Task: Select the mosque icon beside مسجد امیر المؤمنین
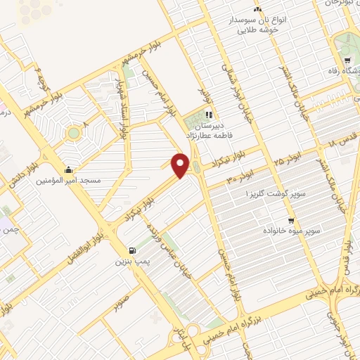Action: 68,169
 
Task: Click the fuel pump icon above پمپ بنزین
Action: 133,250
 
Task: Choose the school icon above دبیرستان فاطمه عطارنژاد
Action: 208,115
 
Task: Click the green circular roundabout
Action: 72,132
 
